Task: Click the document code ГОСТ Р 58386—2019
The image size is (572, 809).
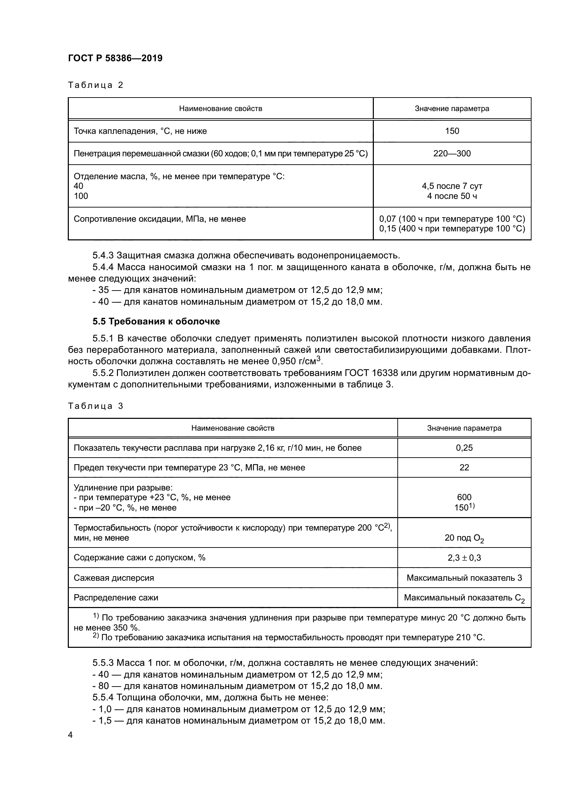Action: pyautogui.click(x=115, y=58)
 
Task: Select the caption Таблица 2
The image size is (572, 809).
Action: pyautogui.click(x=95, y=85)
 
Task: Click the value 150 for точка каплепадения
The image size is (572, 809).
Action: pyautogui.click(x=452, y=131)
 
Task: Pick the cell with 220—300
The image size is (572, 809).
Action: pyautogui.click(x=452, y=154)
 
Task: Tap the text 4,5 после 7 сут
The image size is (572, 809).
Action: pyautogui.click(x=452, y=186)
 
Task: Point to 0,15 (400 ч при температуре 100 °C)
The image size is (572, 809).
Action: pyautogui.click(x=452, y=229)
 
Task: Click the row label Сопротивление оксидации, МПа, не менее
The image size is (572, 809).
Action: pyautogui.click(x=159, y=219)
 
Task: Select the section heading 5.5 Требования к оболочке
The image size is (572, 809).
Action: pyautogui.click(x=156, y=321)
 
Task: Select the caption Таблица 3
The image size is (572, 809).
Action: pyautogui.click(x=95, y=406)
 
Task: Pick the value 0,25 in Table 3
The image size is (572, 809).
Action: pyautogui.click(x=464, y=448)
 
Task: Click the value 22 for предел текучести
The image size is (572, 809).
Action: pyautogui.click(x=464, y=468)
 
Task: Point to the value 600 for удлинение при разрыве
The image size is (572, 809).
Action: pyautogui.click(x=464, y=497)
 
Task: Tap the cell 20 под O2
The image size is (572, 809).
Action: pyautogui.click(x=464, y=538)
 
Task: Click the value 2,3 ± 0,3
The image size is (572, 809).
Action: pyautogui.click(x=464, y=558)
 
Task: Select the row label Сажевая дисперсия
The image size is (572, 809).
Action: pyautogui.click(x=114, y=578)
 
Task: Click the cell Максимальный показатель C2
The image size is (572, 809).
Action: pyautogui.click(x=464, y=598)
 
